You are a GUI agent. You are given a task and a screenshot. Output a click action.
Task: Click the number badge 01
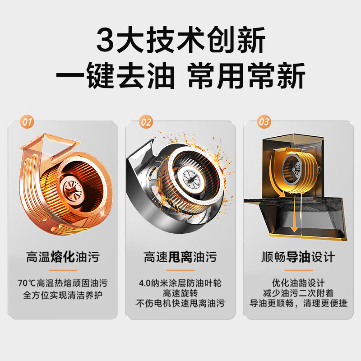coord(28,121)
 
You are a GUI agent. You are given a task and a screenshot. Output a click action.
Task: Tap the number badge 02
coord(146,121)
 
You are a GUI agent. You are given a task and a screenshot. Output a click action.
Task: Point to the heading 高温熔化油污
coord(62,258)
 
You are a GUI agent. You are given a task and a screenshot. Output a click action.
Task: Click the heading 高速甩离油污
coord(180,258)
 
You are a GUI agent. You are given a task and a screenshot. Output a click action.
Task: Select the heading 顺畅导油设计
coord(299,258)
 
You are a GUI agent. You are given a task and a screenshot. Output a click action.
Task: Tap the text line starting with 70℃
coord(62,283)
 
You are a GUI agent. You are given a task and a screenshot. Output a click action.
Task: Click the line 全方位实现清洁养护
coord(62,296)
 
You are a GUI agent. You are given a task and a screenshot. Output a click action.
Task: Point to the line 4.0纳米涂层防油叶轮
coord(180,283)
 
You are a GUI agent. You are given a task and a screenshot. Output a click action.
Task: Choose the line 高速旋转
coord(180,293)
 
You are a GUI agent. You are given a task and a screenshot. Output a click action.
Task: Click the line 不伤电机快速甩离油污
coord(180,303)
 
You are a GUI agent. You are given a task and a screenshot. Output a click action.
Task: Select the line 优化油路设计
coord(299,283)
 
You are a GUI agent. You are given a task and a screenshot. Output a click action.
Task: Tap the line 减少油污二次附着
coord(299,293)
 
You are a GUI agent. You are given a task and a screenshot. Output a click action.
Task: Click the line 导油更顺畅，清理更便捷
coord(299,303)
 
